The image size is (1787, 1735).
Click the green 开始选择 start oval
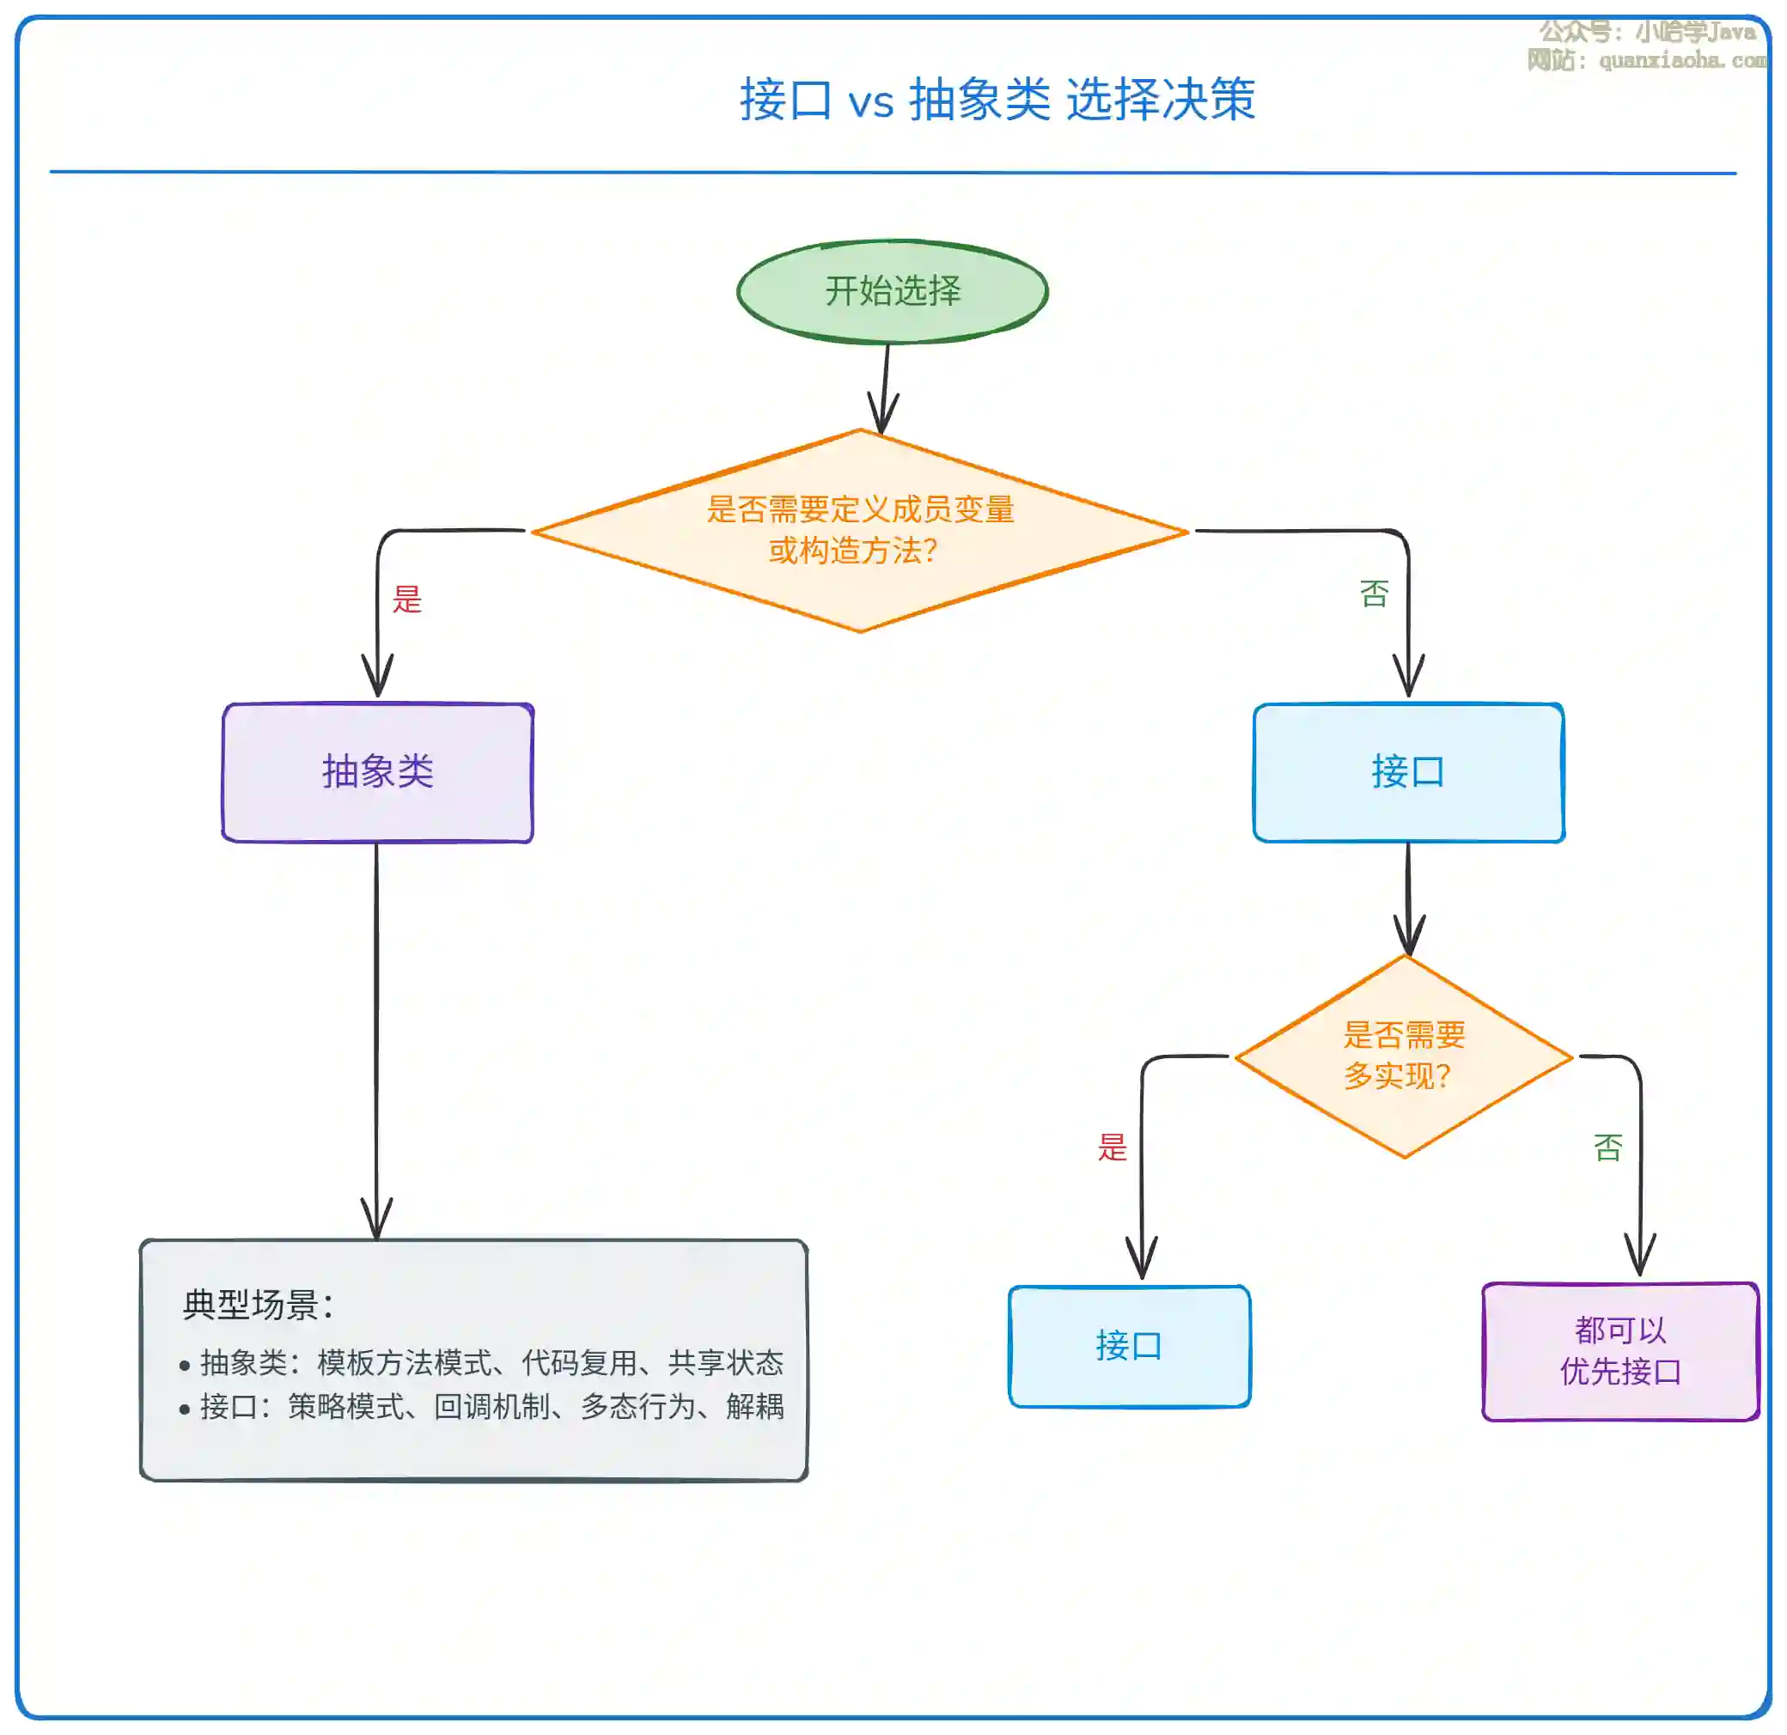[x=892, y=292]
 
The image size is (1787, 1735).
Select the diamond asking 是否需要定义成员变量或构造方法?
[x=860, y=530]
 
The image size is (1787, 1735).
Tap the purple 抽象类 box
[x=377, y=772]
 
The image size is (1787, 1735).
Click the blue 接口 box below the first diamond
[x=1408, y=772]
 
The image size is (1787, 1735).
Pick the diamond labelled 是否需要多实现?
[x=1403, y=1056]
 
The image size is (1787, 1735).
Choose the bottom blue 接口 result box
[x=1129, y=1346]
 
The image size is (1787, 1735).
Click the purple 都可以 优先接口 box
[x=1619, y=1351]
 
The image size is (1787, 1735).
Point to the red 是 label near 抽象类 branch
[x=406, y=599]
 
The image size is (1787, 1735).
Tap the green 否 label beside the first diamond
[x=1374, y=594]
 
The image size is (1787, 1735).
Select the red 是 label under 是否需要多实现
[x=1113, y=1147]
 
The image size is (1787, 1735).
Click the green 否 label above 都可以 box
[x=1607, y=1147]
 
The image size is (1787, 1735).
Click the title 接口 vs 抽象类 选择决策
[x=997, y=99]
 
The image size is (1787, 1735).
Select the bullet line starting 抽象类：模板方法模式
[x=491, y=1363]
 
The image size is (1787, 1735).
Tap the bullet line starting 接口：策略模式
[x=491, y=1407]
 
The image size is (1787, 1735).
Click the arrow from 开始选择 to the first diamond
[x=884, y=387]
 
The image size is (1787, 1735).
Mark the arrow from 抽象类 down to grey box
[x=376, y=1039]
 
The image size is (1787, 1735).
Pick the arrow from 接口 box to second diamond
[x=1408, y=898]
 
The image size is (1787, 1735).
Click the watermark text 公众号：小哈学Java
[x=1647, y=32]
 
